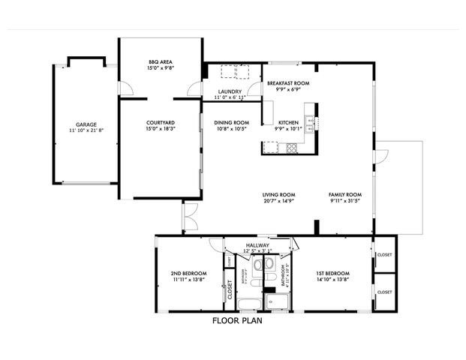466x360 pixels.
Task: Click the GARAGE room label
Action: click(86, 124)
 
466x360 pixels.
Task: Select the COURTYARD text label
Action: click(161, 122)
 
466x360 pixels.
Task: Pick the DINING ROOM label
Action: click(231, 122)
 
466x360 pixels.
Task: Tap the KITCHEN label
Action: click(289, 122)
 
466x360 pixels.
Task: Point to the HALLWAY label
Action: click(257, 244)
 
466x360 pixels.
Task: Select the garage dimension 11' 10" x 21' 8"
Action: click(86, 130)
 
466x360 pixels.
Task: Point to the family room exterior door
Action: click(382, 158)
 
